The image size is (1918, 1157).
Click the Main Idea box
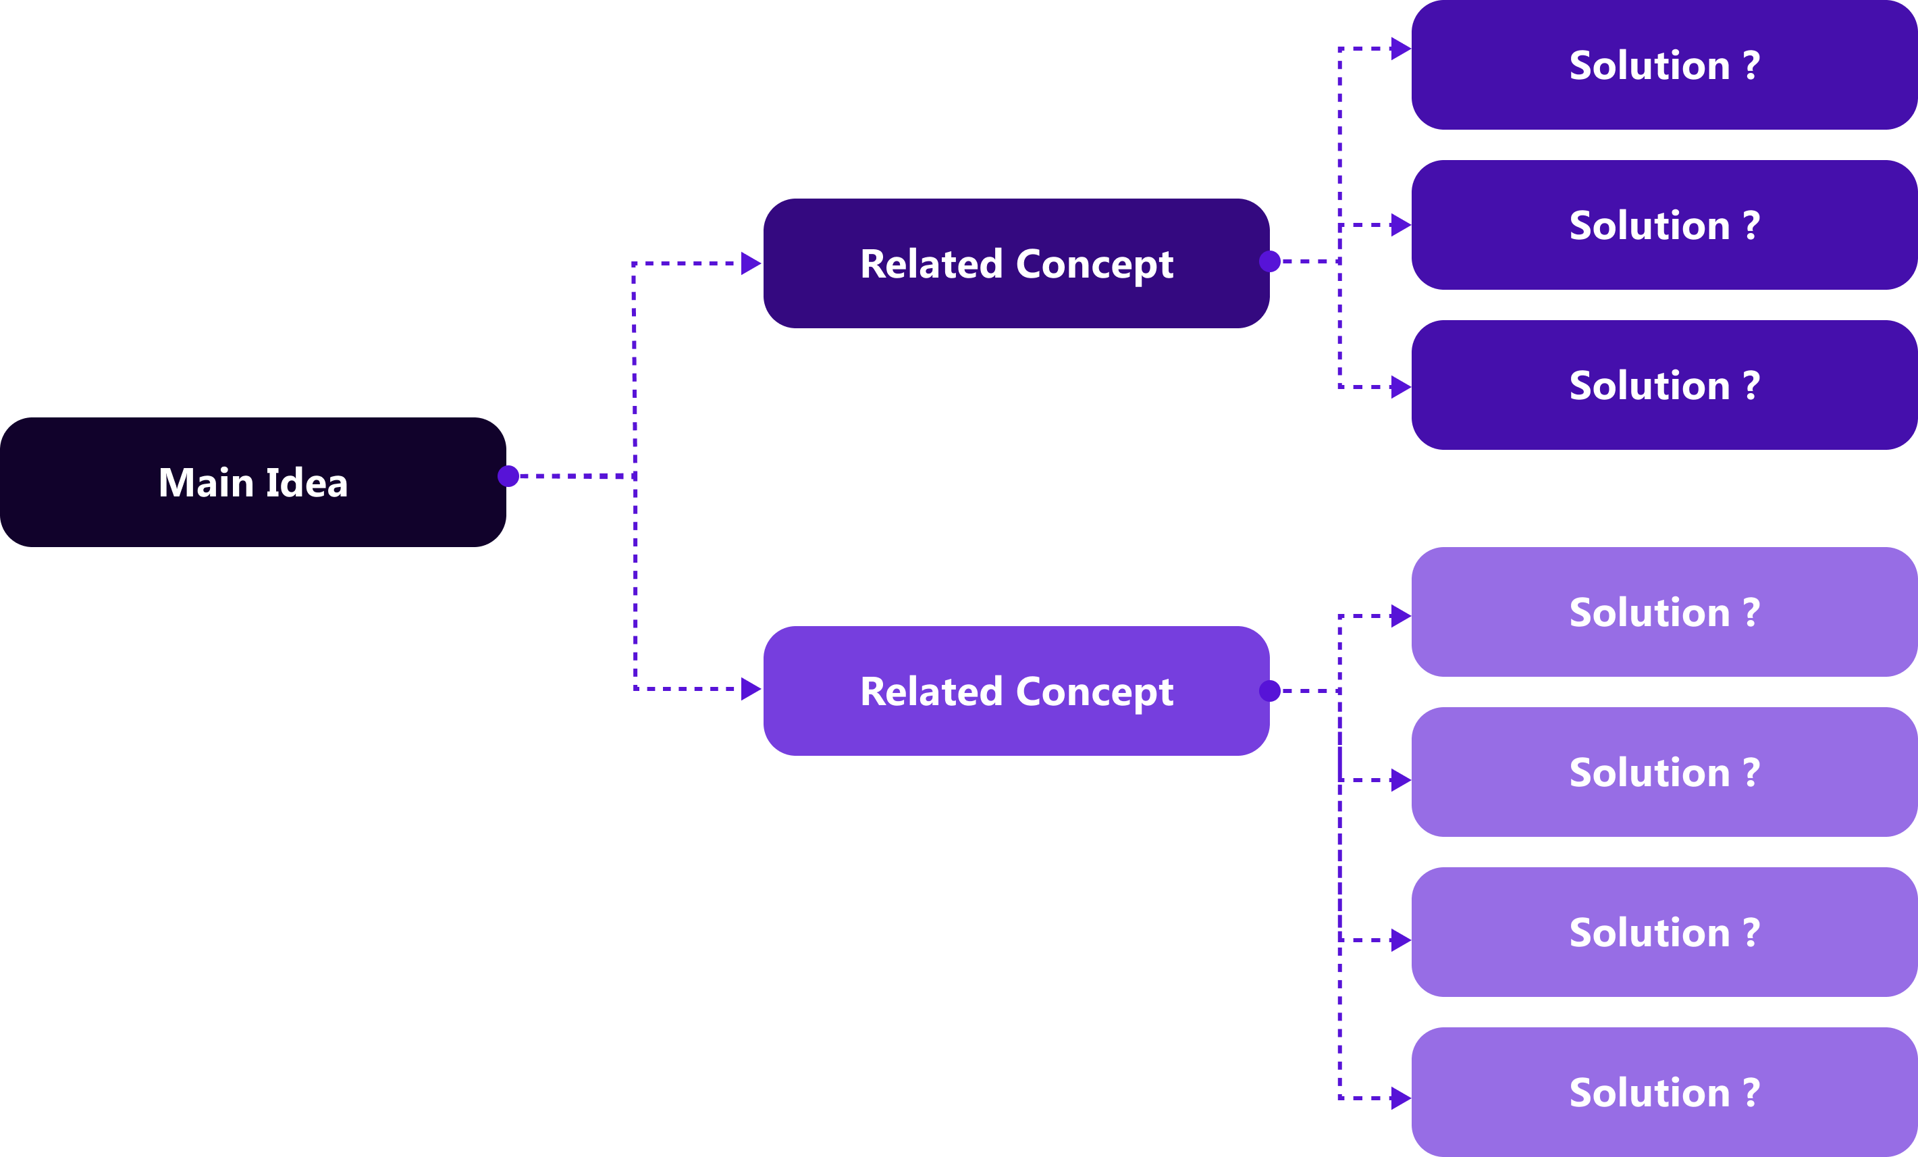point(253,482)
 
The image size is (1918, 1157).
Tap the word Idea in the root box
point(307,483)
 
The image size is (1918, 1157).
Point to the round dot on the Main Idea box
point(508,475)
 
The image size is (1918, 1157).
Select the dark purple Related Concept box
point(1016,263)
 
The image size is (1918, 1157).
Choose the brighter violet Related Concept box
point(1016,690)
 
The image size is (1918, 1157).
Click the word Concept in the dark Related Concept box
point(1094,265)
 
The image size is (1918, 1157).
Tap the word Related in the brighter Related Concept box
point(931,692)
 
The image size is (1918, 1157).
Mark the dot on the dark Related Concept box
point(1270,261)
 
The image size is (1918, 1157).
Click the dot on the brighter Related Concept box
point(1270,690)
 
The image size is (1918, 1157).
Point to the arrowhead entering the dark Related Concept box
point(750,263)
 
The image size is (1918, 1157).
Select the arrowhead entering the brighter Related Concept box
point(750,689)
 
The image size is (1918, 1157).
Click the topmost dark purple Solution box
point(1663,65)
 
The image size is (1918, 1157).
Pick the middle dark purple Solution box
point(1663,225)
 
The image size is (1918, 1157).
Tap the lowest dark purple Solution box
point(1663,384)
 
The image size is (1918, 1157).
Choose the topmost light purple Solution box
point(1663,612)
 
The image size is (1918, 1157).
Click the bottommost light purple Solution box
point(1663,1091)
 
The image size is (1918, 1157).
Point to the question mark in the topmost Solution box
point(1751,66)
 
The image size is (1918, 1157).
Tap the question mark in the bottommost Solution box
point(1751,1092)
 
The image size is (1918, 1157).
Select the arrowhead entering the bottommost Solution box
point(1400,1098)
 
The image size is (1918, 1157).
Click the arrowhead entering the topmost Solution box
point(1400,48)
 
